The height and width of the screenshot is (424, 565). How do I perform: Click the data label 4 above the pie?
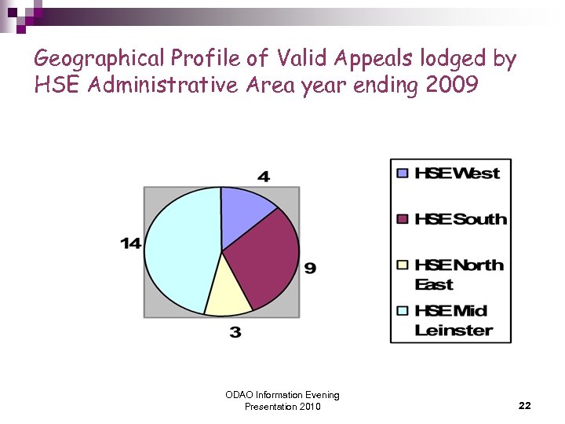click(x=264, y=177)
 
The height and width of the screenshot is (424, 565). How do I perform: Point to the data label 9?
click(x=310, y=269)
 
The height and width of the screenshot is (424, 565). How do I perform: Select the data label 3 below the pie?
click(x=235, y=333)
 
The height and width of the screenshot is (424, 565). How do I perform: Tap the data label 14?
click(x=130, y=244)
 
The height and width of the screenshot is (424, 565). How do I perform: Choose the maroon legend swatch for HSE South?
click(x=403, y=219)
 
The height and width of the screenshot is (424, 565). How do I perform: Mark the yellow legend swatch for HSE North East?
click(x=403, y=265)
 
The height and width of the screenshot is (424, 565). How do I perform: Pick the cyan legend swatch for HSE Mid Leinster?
click(x=403, y=311)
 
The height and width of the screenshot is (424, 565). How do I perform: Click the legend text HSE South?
click(x=461, y=219)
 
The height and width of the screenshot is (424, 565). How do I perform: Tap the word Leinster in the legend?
click(x=454, y=331)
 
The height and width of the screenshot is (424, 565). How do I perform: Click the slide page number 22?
click(x=525, y=406)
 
